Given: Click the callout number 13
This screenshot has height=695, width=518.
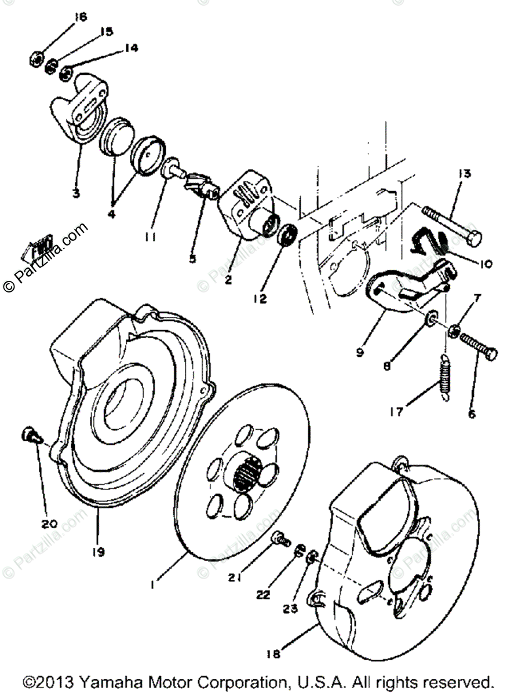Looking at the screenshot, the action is pos(465,174).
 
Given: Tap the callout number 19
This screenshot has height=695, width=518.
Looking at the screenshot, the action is pos(98,552).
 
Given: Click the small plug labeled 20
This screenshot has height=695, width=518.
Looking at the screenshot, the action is pos(29,434).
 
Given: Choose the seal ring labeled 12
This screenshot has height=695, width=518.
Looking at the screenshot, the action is pos(287,236).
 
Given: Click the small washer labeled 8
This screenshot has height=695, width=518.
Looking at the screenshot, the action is pos(432,318).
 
